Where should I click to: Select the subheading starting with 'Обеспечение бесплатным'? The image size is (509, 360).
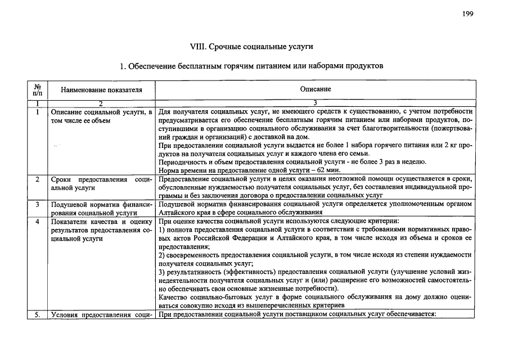[256, 66]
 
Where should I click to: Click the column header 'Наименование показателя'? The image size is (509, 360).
[101, 89]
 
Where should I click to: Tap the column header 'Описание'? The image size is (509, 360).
[316, 89]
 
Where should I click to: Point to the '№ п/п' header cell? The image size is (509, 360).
[37, 89]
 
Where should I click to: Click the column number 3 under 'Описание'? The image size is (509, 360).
[316, 103]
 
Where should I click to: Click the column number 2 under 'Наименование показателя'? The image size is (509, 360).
[101, 103]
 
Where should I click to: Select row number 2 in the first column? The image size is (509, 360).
[37, 179]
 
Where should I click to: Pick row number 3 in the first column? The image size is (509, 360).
[37, 205]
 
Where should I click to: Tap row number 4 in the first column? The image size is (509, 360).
[37, 222]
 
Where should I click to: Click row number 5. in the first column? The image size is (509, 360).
[37, 314]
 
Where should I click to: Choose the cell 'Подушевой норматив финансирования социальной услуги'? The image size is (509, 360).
[101, 209]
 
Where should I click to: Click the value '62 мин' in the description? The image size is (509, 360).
[330, 170]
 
